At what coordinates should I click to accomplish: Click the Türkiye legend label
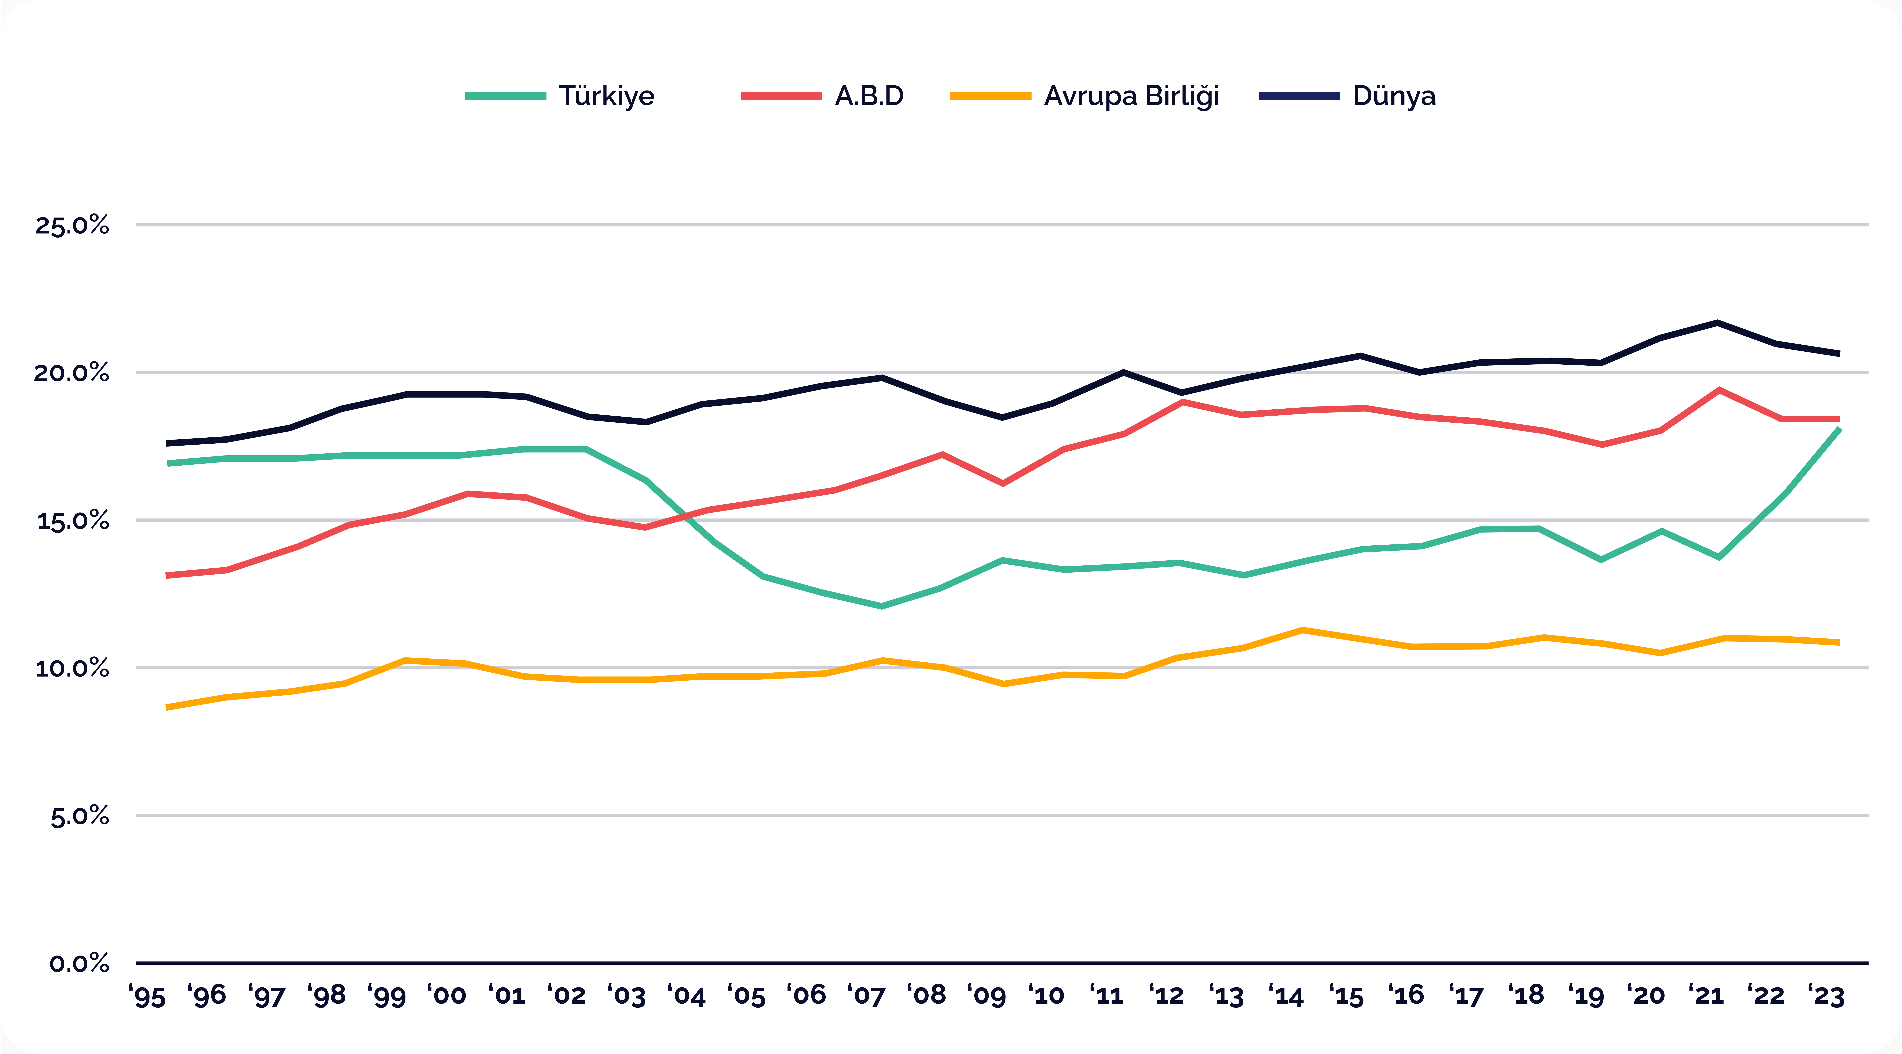606,96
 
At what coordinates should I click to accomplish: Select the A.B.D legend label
869,96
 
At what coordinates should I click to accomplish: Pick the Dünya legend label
1394,96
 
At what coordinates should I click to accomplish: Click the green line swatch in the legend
506,96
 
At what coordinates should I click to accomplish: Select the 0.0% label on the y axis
79,963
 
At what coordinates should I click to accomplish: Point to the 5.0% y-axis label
80,816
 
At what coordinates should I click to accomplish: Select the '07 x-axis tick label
866,995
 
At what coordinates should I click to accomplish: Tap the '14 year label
1286,995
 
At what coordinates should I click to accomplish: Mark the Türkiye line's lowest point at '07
882,606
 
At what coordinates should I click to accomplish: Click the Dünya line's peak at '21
1718,323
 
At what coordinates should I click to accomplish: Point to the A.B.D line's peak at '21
1720,390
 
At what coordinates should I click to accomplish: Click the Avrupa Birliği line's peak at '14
1303,630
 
